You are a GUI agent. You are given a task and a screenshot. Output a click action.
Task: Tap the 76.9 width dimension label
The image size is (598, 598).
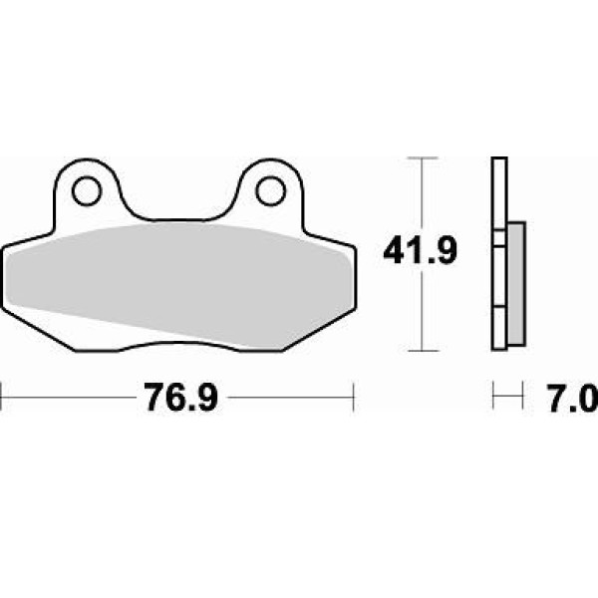tap(181, 397)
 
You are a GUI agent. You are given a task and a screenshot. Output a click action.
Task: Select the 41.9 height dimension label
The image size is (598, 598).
tap(420, 251)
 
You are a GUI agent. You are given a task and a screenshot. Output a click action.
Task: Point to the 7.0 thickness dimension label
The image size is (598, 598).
tap(572, 398)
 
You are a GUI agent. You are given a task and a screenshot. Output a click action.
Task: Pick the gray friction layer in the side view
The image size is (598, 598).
tap(516, 284)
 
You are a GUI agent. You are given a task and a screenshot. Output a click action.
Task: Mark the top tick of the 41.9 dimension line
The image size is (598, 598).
tap(422, 157)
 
